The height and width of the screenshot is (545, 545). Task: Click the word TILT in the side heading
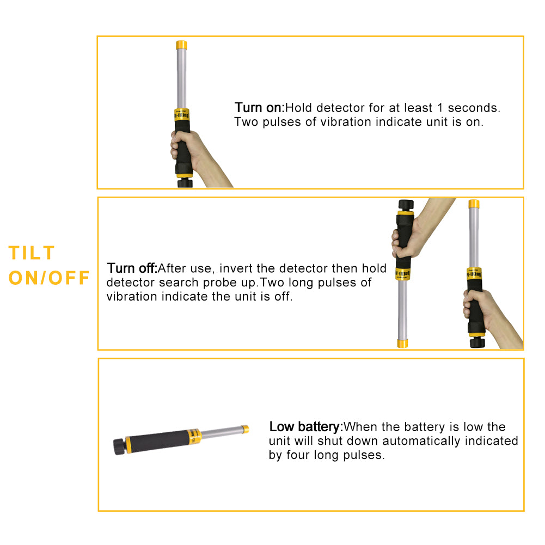[31, 253]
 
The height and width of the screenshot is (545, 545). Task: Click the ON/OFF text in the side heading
[49, 278]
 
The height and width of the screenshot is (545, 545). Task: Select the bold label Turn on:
[259, 108]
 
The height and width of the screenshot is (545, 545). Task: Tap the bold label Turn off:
[132, 268]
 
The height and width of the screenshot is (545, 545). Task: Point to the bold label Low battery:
[306, 426]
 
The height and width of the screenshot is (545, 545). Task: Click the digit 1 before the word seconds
[440, 108]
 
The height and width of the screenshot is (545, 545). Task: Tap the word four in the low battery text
[298, 455]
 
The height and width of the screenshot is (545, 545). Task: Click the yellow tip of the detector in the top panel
[181, 45]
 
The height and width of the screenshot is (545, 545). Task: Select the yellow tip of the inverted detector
[402, 344]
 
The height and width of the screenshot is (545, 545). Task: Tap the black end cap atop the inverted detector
[406, 205]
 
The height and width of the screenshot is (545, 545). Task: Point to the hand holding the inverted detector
[417, 229]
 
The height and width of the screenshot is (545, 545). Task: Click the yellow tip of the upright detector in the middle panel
[474, 204]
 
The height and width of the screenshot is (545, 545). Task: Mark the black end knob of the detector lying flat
[119, 447]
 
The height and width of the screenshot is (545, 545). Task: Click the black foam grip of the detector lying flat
[157, 442]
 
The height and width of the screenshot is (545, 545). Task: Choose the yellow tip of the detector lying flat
[246, 429]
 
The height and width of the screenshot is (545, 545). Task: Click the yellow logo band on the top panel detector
[182, 114]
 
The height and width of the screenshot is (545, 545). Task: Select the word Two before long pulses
[271, 283]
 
